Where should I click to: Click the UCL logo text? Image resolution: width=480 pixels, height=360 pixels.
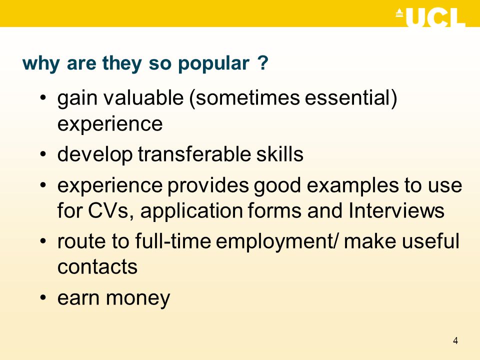pyautogui.click(x=435, y=18)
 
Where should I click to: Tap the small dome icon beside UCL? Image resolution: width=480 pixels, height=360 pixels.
pyautogui.click(x=399, y=13)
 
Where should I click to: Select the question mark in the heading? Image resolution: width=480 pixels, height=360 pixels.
pyautogui.click(x=263, y=63)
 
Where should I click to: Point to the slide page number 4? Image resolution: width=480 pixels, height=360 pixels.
pyautogui.click(x=455, y=340)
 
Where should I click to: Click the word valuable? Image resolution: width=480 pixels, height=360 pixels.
pyautogui.click(x=143, y=97)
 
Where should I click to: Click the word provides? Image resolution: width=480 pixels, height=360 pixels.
pyautogui.click(x=208, y=186)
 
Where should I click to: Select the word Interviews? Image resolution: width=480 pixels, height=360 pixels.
pyautogui.click(x=396, y=210)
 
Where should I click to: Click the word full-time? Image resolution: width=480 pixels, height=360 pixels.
pyautogui.click(x=173, y=240)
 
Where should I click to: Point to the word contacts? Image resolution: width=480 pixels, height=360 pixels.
pyautogui.click(x=97, y=267)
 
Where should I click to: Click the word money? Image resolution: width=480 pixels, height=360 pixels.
pyautogui.click(x=138, y=299)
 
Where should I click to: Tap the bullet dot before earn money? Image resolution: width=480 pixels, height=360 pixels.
pyautogui.click(x=43, y=297)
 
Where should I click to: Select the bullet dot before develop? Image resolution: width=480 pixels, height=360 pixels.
pyautogui.click(x=43, y=153)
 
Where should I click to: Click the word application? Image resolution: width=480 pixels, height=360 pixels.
pyautogui.click(x=191, y=211)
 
